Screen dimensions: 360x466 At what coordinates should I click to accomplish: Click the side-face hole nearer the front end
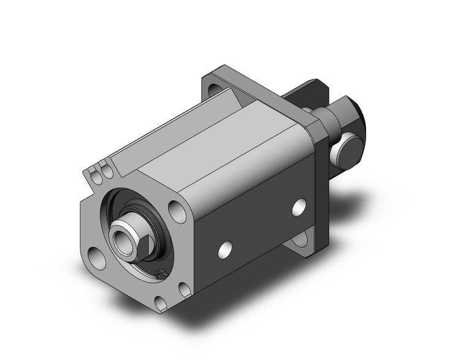pyautogui.click(x=226, y=248)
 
